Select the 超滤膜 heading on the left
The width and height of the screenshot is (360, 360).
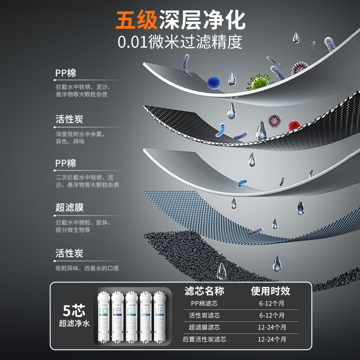(x=69, y=208)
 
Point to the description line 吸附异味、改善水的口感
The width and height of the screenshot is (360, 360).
(x=87, y=268)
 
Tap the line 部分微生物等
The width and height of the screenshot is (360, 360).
(x=73, y=230)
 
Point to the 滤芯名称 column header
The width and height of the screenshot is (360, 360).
(x=204, y=291)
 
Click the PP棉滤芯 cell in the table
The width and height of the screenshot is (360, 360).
(x=204, y=304)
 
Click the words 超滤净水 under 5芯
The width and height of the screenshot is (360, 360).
(x=74, y=323)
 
